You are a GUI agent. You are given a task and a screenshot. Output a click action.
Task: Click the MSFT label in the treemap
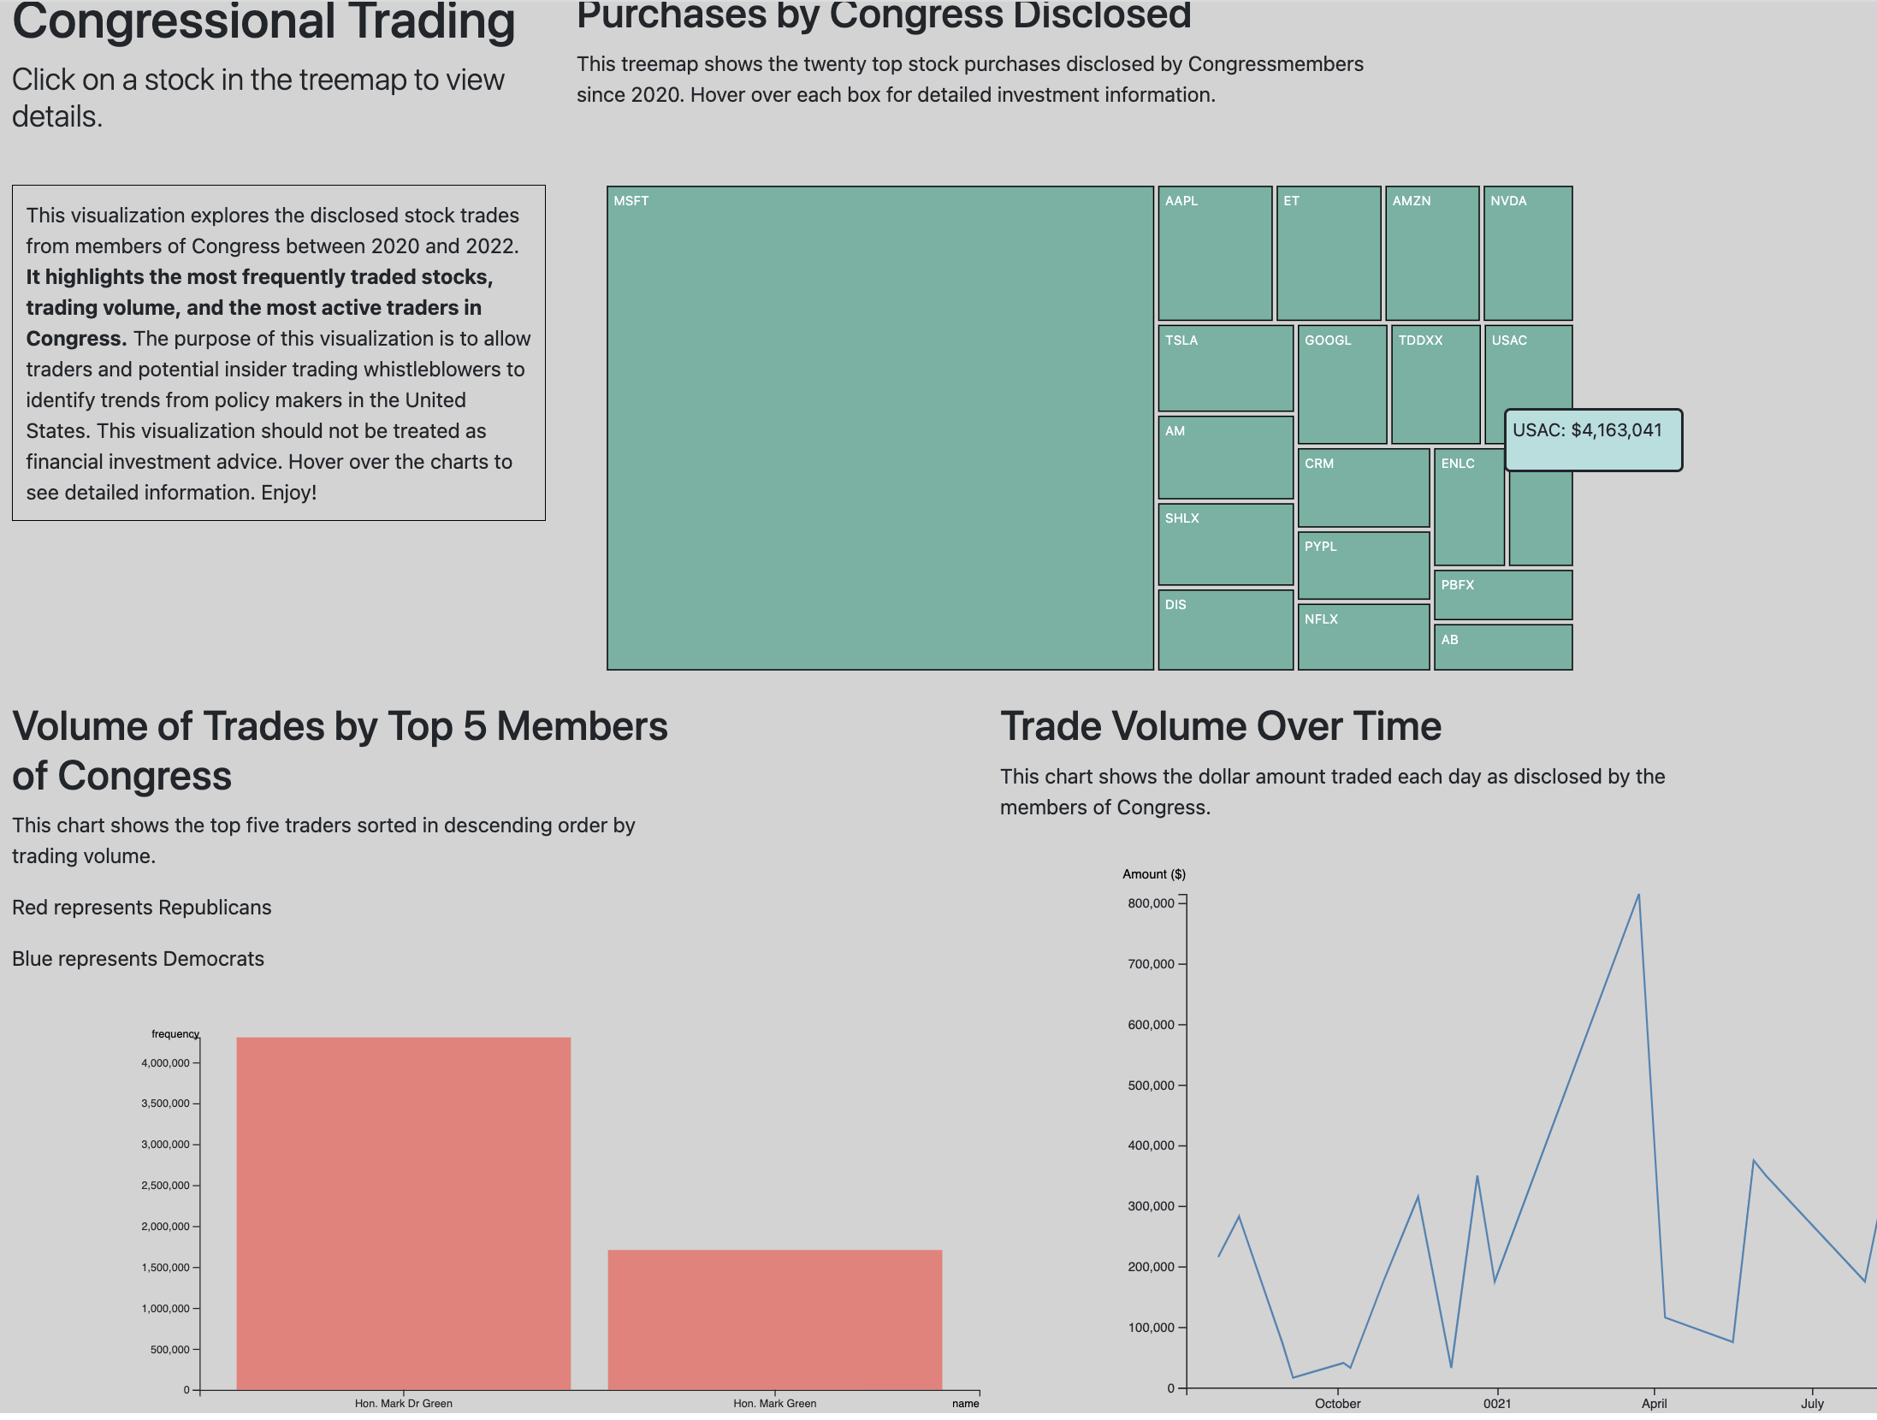coord(631,201)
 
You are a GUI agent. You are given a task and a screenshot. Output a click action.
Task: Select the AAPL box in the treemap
coord(1215,254)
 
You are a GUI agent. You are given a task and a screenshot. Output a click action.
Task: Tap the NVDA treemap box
coord(1527,254)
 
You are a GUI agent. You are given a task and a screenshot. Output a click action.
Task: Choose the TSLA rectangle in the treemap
coord(1225,369)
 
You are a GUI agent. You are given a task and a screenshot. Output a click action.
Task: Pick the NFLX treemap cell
coord(1363,637)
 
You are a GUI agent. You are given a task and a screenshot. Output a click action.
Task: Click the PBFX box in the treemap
coord(1502,595)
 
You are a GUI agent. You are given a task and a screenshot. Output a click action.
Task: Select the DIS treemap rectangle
coord(1225,630)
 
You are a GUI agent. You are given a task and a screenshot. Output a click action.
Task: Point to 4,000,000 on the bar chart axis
coord(166,1063)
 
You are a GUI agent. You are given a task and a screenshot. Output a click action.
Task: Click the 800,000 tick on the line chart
coord(1151,903)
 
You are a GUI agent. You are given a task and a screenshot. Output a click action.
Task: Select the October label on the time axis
coord(1337,1404)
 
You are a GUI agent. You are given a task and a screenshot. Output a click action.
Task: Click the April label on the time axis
coord(1653,1404)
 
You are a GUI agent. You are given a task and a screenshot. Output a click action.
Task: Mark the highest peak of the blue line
coord(1637,896)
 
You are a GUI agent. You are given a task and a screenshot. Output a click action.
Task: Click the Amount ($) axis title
coord(1153,874)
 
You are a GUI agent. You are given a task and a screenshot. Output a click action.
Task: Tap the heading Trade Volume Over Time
coord(1220,726)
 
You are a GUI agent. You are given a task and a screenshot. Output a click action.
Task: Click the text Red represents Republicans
coord(142,908)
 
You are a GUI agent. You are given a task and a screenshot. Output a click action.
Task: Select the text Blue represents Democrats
coord(138,959)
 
